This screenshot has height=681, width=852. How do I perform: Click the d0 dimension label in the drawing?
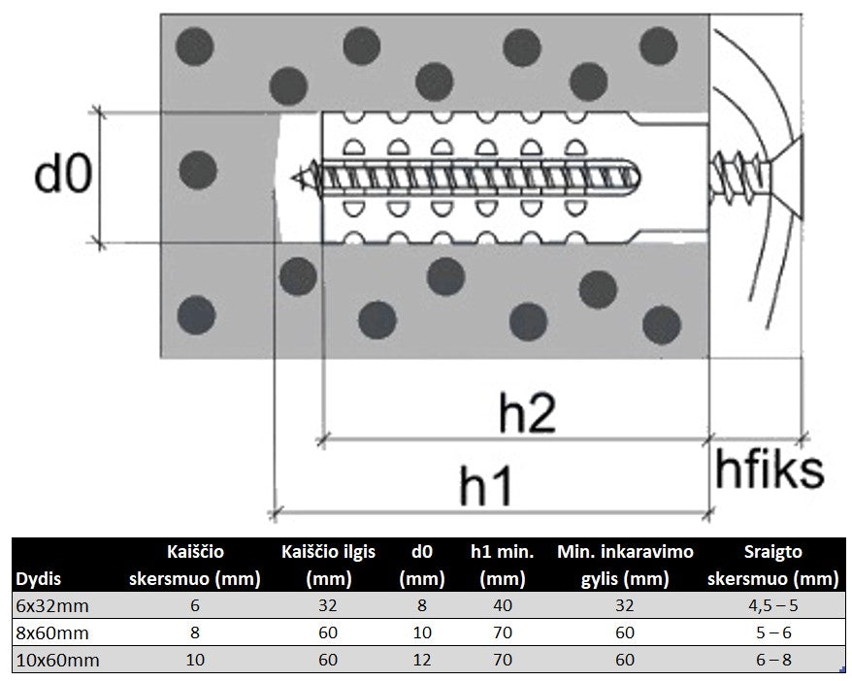click(63, 175)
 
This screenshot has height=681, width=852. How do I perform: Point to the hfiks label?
click(770, 470)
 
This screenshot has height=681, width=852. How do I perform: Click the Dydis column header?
click(39, 579)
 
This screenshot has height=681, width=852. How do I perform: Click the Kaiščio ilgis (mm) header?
click(328, 566)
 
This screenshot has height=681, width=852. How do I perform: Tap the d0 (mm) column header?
click(421, 566)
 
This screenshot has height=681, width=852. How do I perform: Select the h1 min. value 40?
click(502, 606)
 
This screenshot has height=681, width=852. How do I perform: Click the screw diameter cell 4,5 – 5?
click(773, 606)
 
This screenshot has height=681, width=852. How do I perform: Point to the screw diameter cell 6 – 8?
click(773, 661)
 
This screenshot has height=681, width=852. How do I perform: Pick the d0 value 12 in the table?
click(421, 661)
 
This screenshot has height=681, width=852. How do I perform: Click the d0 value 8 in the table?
click(421, 606)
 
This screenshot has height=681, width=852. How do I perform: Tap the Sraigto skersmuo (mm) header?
click(773, 566)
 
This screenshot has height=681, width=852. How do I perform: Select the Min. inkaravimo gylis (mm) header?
click(625, 566)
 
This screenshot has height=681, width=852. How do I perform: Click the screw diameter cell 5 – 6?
click(773, 633)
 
